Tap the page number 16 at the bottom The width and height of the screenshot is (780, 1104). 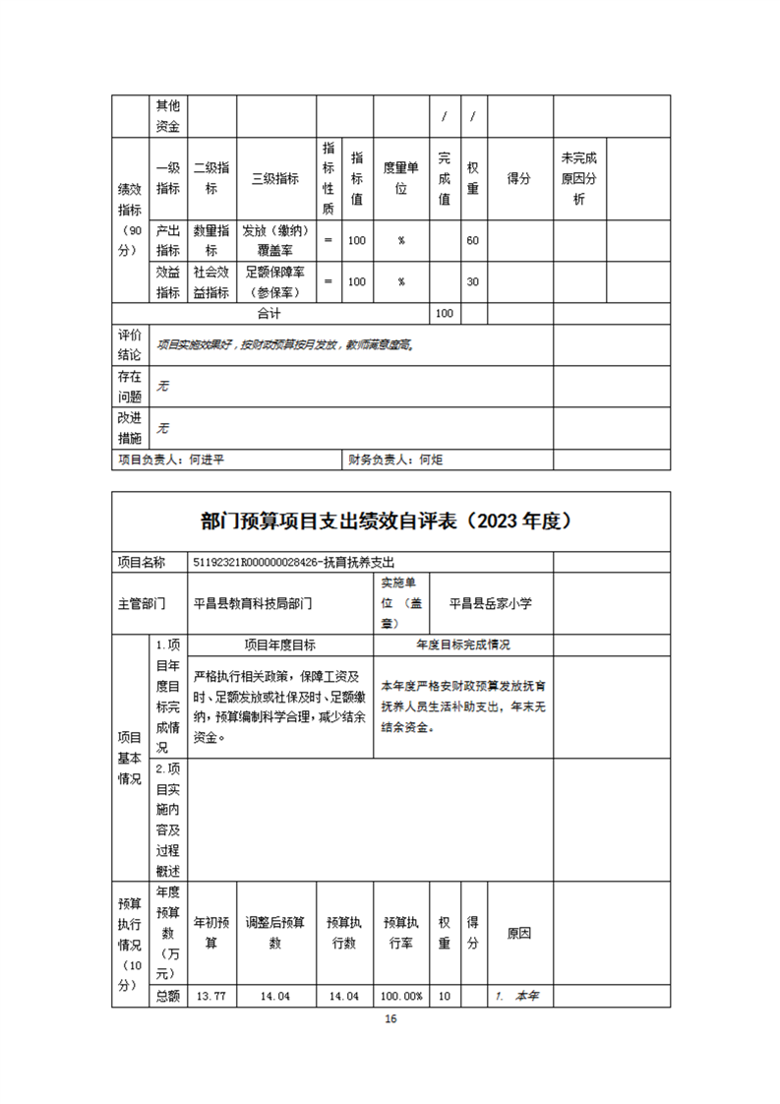tap(390, 1019)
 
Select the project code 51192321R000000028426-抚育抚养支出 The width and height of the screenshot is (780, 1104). tap(294, 562)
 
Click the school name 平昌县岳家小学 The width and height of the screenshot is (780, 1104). tap(490, 603)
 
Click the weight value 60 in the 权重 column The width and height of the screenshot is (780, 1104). tap(473, 241)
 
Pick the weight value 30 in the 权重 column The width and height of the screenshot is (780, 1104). tap(473, 281)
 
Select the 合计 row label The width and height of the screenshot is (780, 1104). tap(269, 313)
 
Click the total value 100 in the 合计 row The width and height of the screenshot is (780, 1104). tap(445, 313)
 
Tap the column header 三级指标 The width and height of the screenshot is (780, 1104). tap(275, 179)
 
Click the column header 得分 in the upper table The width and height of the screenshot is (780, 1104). tap(519, 179)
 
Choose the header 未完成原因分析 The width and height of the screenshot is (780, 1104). tap(579, 179)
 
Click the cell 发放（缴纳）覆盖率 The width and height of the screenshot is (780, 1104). tap(275, 241)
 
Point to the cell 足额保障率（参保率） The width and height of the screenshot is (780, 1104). tap(275, 281)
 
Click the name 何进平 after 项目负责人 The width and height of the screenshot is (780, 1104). tap(209, 459)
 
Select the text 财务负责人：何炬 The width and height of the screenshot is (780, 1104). tap(395, 459)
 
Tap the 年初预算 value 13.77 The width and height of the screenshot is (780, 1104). tap(211, 996)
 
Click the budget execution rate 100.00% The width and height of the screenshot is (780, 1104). tap(402, 996)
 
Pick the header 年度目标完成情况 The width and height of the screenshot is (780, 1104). tap(462, 645)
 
